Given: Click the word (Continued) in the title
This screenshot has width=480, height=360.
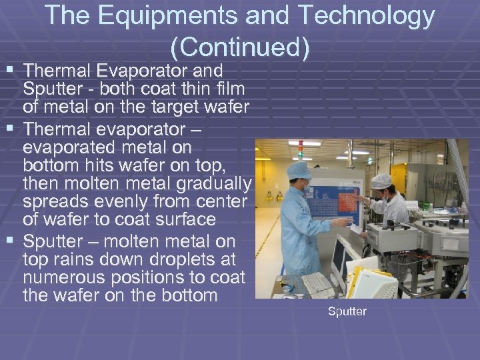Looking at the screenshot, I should tap(240, 47).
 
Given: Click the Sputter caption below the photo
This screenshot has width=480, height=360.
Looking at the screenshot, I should tap(347, 311).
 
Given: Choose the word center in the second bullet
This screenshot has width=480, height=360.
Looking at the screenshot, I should tap(215, 201).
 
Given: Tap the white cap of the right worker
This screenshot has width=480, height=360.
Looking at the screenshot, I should tap(381, 181).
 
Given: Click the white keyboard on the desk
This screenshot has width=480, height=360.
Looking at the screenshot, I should tap(319, 283).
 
